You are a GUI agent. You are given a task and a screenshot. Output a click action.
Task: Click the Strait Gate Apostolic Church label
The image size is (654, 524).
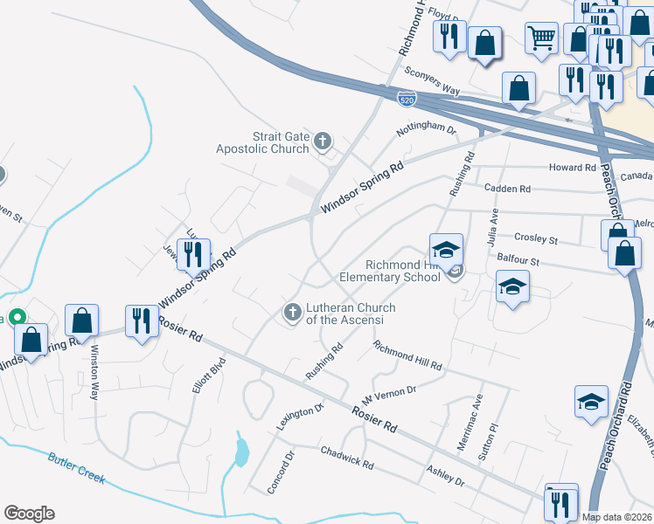tap(262, 142)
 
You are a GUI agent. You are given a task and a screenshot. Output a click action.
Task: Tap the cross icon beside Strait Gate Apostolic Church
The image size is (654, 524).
tap(323, 141)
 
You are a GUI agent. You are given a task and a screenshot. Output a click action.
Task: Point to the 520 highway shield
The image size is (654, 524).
tap(407, 100)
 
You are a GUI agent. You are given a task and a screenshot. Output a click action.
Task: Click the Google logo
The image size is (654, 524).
tap(29, 514)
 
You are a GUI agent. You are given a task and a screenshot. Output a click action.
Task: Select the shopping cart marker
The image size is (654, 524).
tap(541, 37)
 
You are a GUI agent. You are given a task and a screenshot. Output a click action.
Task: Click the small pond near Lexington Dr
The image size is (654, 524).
tap(240, 451)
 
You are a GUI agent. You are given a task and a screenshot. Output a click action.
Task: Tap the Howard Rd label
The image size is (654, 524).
tap(572, 167)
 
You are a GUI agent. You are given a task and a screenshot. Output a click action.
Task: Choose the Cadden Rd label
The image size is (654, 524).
tap(506, 189)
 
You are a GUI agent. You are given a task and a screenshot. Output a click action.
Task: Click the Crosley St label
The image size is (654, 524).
tap(536, 238)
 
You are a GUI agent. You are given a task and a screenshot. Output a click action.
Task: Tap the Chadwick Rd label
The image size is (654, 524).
tap(346, 458)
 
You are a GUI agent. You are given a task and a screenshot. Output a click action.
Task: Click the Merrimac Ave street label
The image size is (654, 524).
tap(470, 422)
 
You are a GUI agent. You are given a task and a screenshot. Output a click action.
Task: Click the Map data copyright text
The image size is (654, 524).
tap(616, 517)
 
